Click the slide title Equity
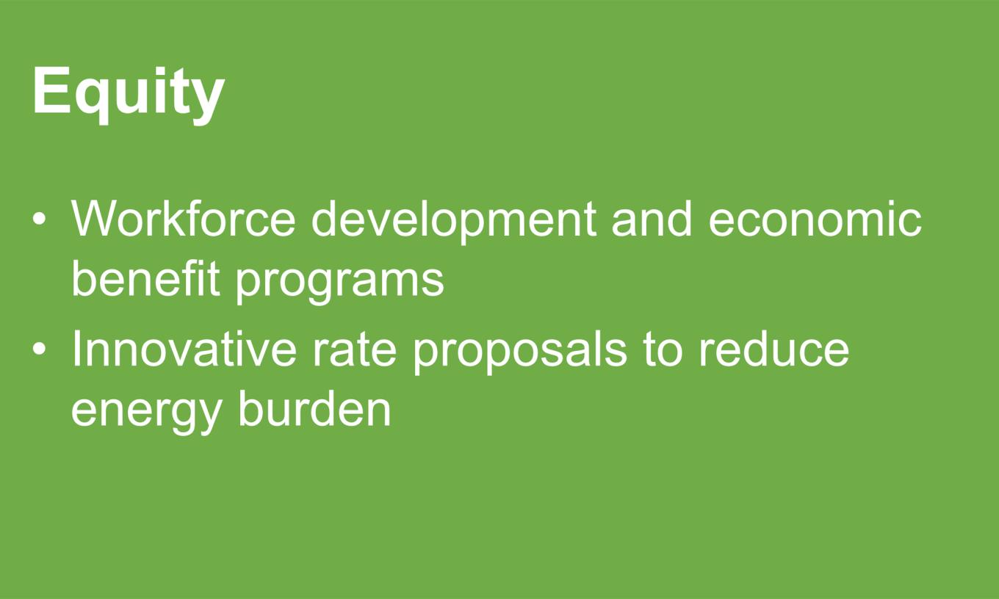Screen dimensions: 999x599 click(x=129, y=95)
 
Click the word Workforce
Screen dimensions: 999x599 click(x=184, y=219)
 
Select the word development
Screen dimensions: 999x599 click(x=453, y=222)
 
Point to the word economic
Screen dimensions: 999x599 click(x=815, y=219)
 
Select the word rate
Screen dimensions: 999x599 click(x=354, y=350)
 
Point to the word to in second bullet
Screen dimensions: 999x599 click(x=663, y=350)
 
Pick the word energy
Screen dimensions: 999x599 click(x=147, y=413)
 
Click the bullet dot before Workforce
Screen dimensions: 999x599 click(x=39, y=219)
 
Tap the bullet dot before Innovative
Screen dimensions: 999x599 click(x=39, y=349)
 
